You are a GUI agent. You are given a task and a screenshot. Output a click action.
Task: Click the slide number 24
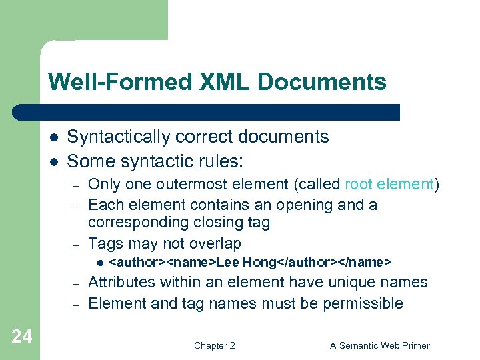point(21,337)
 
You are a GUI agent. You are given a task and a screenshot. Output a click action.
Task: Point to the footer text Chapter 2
point(214,345)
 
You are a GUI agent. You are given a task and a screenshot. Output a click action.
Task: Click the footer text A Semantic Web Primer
point(380,345)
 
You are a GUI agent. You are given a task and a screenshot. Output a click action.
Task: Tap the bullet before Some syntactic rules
point(53,161)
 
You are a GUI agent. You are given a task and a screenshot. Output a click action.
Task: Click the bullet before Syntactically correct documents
point(53,137)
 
